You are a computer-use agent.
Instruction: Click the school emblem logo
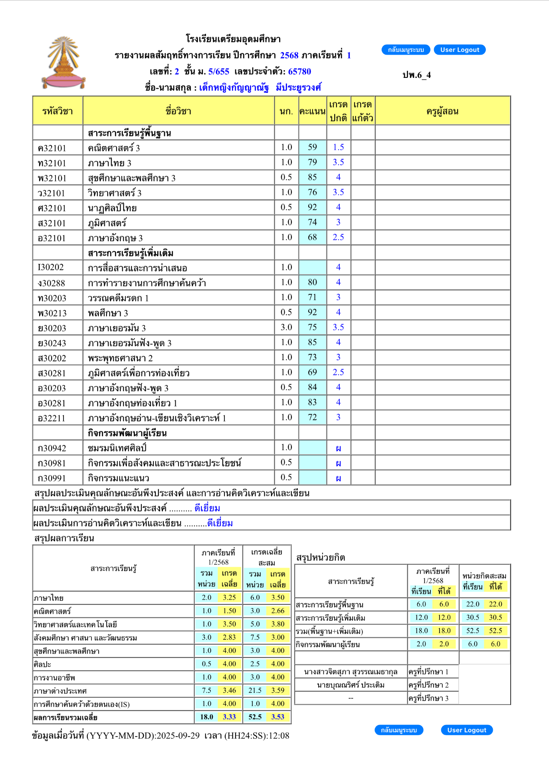[63, 63]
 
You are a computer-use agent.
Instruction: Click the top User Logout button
[459, 50]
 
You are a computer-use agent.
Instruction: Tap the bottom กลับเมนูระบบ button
[398, 730]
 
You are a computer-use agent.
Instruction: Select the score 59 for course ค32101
[312, 147]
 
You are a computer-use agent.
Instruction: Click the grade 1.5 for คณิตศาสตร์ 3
[338, 147]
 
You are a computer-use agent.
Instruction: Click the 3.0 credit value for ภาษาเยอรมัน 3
[286, 327]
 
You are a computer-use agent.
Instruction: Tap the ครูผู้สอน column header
[442, 111]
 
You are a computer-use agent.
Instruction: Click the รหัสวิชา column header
[57, 111]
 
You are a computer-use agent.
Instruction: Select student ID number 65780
[299, 71]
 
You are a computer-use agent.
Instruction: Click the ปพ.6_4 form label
[416, 75]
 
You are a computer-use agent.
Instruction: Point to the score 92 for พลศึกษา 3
[312, 312]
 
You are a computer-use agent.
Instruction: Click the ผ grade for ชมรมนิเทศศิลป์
[338, 448]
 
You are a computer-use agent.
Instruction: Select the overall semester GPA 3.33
[229, 717]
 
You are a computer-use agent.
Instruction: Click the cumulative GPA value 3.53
[277, 717]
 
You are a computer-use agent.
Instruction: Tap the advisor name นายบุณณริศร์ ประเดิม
[351, 685]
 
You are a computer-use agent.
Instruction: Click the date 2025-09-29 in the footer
[178, 735]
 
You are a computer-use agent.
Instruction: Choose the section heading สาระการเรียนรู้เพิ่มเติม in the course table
[131, 253]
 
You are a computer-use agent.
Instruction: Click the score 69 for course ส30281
[312, 372]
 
